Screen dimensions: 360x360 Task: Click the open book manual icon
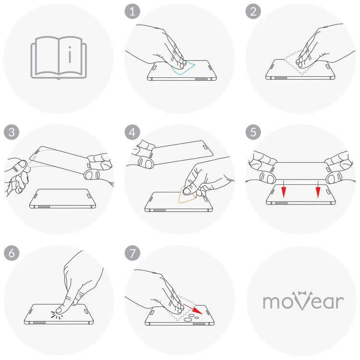59,58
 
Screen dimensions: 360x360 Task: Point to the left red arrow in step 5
284,190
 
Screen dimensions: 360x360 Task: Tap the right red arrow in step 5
317,190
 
